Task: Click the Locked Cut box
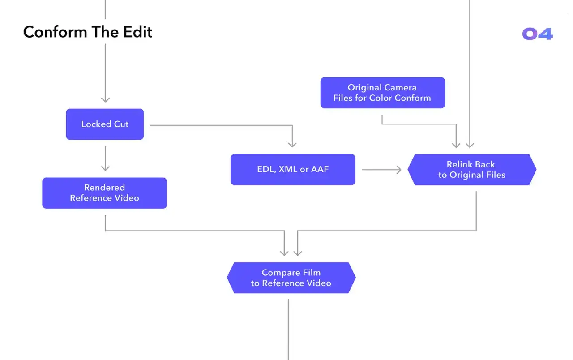(105, 124)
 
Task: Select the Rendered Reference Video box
(105, 193)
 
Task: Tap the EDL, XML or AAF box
(293, 169)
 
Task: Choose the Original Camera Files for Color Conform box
(383, 93)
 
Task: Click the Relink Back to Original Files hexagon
(472, 170)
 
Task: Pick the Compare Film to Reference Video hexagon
(291, 278)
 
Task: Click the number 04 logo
(538, 34)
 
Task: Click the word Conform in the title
(55, 32)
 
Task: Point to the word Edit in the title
(137, 32)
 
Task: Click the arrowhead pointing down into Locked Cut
(105, 99)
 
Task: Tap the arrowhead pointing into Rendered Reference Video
(105, 168)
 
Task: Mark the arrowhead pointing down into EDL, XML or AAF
(292, 145)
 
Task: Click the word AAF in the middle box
(320, 169)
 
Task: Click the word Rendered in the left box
(105, 188)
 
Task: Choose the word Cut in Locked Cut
(121, 124)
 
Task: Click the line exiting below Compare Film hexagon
(288, 330)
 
